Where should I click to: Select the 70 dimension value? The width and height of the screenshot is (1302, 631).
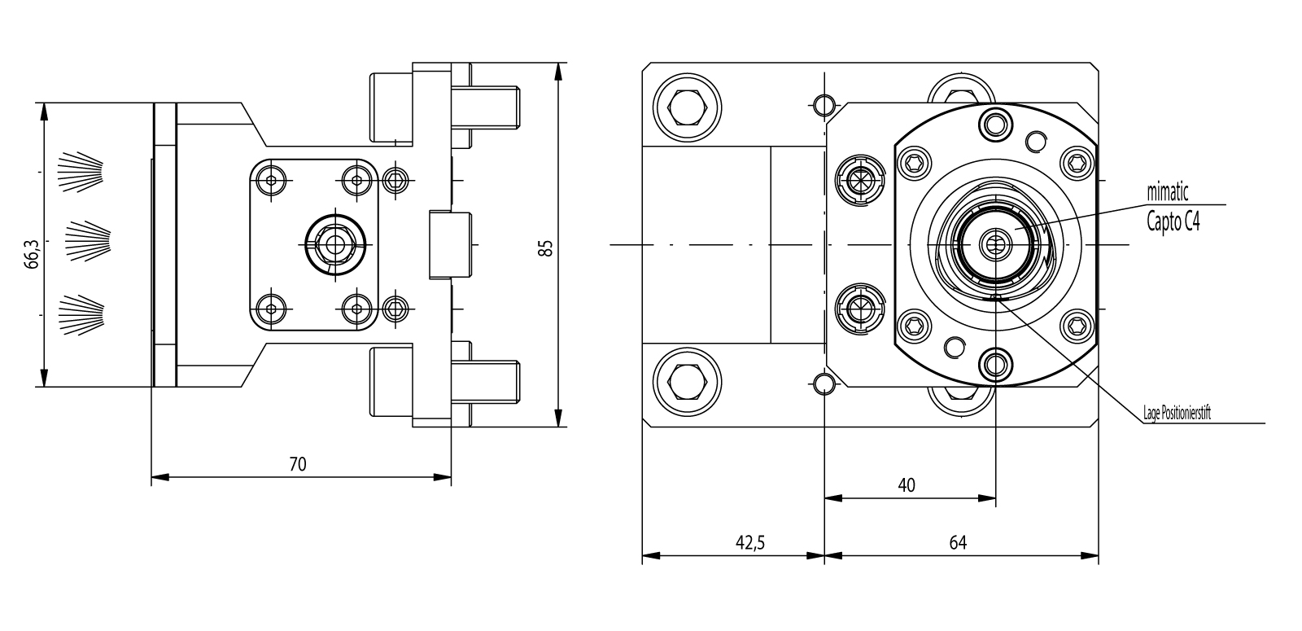[x=298, y=464]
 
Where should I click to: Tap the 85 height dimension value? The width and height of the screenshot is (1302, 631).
[x=546, y=248]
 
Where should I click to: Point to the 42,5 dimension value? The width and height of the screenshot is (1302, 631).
[x=749, y=542]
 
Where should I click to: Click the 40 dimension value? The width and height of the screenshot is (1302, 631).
[x=906, y=485]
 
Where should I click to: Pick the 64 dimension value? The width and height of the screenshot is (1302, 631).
[x=958, y=542]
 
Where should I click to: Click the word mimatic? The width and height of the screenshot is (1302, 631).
[x=1168, y=193]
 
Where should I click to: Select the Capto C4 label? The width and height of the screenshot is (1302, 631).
[x=1173, y=221]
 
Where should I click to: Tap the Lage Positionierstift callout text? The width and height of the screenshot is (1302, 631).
[x=1177, y=414]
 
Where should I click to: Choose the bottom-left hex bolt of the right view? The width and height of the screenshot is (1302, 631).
[x=685, y=379]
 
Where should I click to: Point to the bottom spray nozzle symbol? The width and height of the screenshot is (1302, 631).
[x=81, y=313]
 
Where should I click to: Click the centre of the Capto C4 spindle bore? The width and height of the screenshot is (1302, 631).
[x=995, y=242]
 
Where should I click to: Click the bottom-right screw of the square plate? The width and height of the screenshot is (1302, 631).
[x=356, y=308]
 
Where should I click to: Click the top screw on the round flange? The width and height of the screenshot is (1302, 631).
[x=994, y=125]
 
